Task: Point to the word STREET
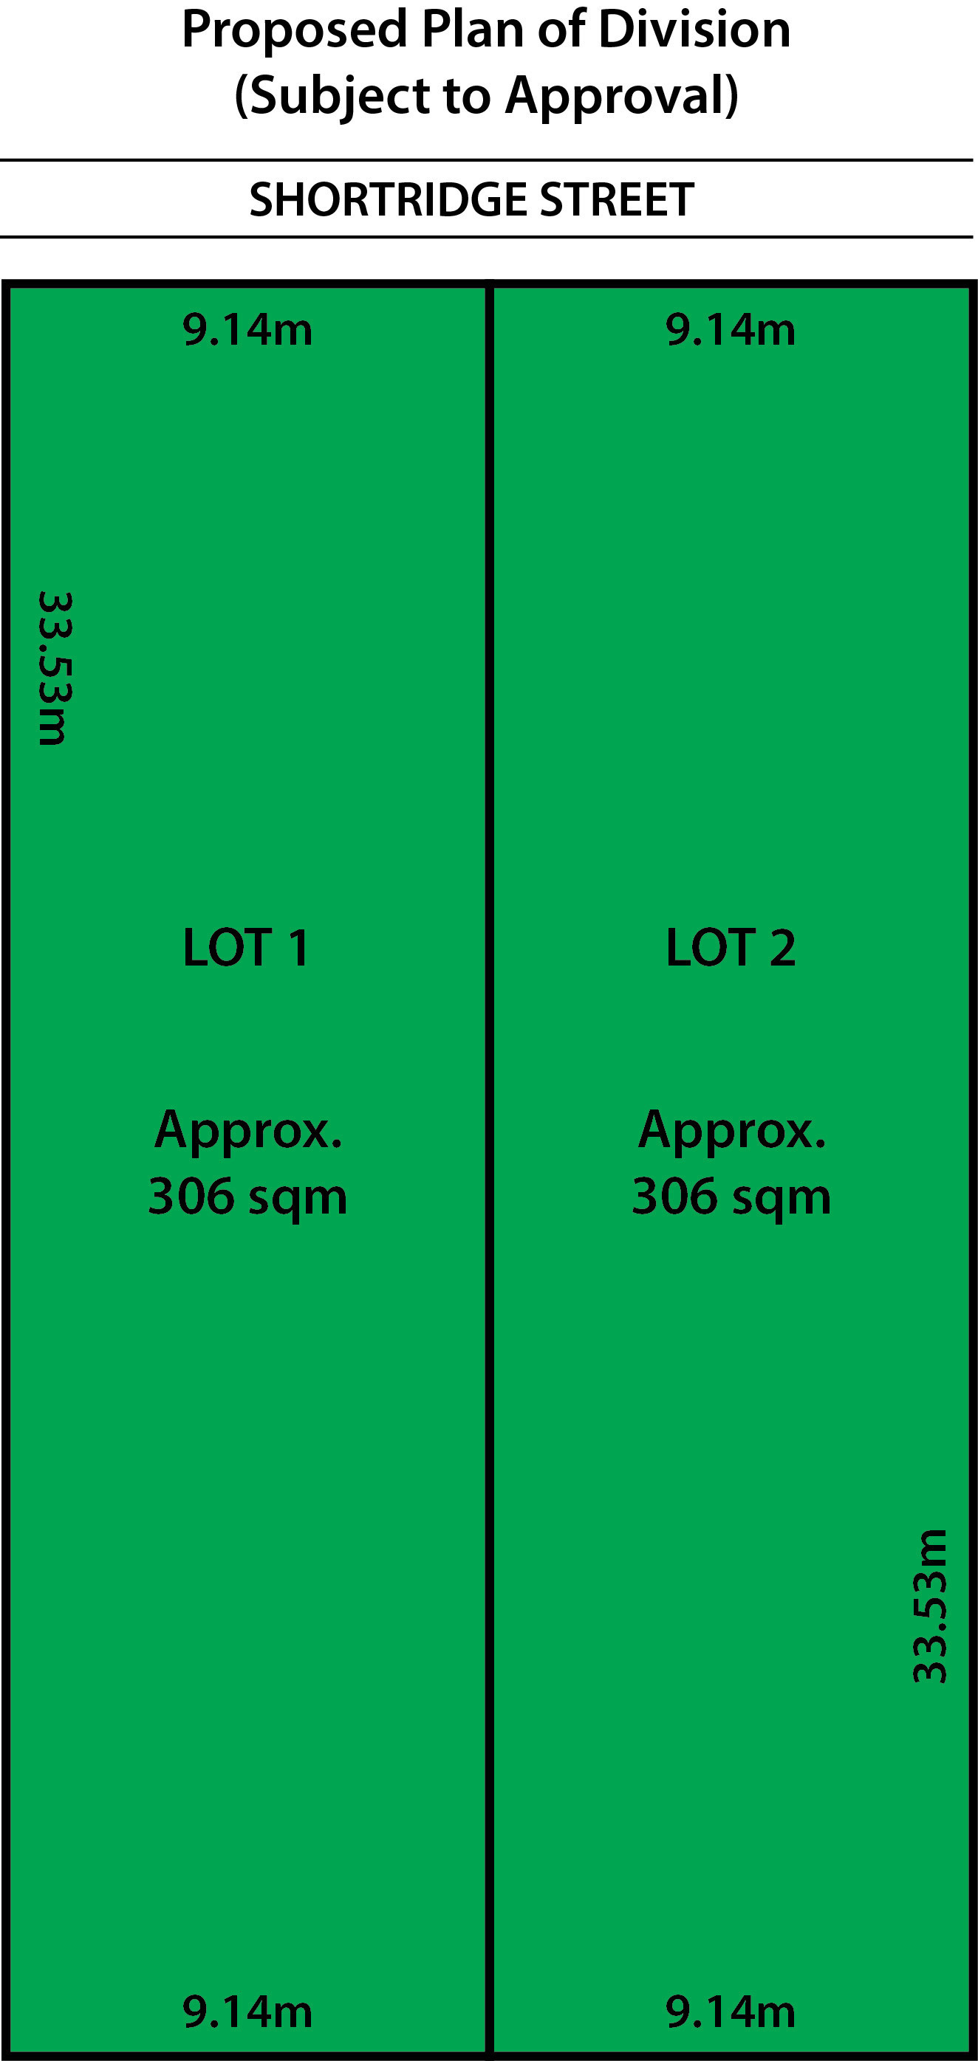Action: pyautogui.click(x=617, y=199)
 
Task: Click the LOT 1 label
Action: pyautogui.click(x=246, y=948)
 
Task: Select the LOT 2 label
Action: pyautogui.click(x=731, y=948)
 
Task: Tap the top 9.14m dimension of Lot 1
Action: pyautogui.click(x=247, y=330)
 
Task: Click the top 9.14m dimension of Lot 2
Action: pyautogui.click(x=731, y=330)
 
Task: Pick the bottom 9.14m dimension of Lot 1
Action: pyautogui.click(x=247, y=2012)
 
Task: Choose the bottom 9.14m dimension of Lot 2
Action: pyautogui.click(x=731, y=2012)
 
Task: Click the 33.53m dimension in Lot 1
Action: pyautogui.click(x=55, y=669)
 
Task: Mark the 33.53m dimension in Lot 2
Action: pyautogui.click(x=930, y=1606)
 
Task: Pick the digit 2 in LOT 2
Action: pyautogui.click(x=783, y=948)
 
